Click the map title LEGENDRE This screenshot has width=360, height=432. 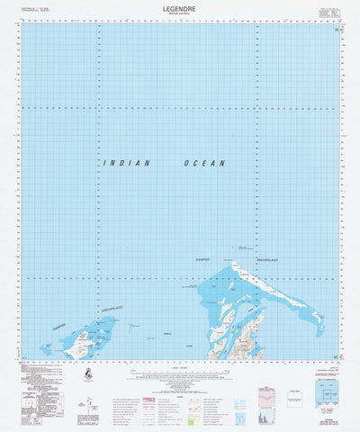click(180, 7)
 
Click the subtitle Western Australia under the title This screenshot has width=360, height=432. click(180, 13)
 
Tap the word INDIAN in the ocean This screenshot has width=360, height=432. click(127, 163)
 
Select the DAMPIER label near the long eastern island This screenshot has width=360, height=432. click(208, 260)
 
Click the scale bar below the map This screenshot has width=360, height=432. click(180, 368)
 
